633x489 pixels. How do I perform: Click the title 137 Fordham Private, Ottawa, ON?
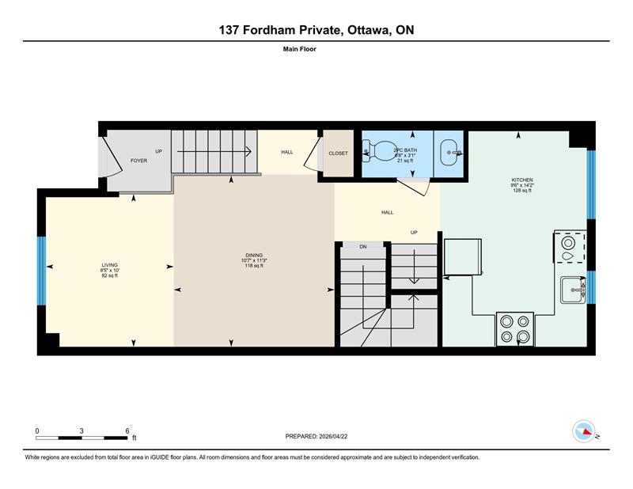coord(316,30)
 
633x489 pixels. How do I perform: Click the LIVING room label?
coord(109,265)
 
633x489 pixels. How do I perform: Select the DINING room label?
coord(254,255)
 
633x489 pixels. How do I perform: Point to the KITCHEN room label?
coord(522,180)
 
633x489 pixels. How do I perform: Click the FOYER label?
coord(139,161)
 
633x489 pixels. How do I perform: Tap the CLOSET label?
coord(338,154)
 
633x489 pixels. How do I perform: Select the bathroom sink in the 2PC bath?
coord(452,148)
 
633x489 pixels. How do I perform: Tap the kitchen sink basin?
coord(571,291)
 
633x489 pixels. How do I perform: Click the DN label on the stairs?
coord(363,247)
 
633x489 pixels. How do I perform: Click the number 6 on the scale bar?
coord(127,430)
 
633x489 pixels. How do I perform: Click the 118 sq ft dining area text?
coord(254,266)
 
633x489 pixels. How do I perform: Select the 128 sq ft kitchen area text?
coord(522,191)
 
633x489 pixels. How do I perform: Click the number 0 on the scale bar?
coord(37,430)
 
